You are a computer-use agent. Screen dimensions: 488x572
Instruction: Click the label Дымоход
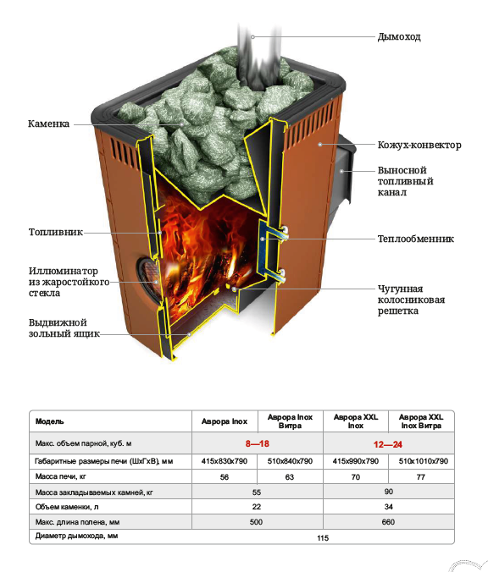pos(399,37)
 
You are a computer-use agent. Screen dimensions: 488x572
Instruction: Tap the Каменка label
pos(48,124)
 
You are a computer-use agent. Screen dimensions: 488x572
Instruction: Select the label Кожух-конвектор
pos(419,145)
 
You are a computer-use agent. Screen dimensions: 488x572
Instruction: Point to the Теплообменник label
pos(416,239)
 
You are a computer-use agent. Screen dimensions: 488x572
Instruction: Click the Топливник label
pos(56,232)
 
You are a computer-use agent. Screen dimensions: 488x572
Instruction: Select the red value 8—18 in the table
pos(258,443)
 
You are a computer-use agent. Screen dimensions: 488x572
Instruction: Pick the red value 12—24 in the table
pos(388,444)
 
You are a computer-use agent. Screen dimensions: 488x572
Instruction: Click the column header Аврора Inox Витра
pos(290,421)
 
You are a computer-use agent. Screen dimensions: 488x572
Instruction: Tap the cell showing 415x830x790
pos(225,461)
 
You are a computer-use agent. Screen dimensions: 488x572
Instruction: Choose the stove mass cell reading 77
pos(421,476)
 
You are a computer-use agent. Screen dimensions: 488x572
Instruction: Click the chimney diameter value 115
pos(323,537)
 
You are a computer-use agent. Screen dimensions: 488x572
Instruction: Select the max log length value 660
pos(388,522)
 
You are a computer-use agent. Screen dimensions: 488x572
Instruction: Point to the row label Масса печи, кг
pos(61,476)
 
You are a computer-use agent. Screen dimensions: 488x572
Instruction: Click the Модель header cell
pos(50,421)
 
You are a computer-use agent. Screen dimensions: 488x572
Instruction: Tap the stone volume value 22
pos(257,507)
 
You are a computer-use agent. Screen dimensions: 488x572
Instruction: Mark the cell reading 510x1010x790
pos(423,461)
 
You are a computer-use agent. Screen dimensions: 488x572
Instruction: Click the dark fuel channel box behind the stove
pos(344,172)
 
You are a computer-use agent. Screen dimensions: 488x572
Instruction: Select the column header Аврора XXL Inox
pos(355,421)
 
